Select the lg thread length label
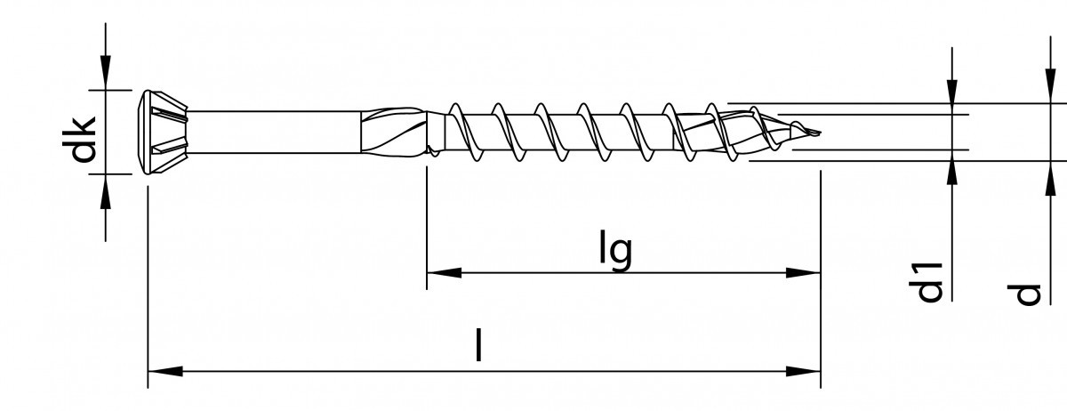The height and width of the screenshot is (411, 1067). pos(615,252)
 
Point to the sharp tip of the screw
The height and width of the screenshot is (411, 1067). pos(816,135)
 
